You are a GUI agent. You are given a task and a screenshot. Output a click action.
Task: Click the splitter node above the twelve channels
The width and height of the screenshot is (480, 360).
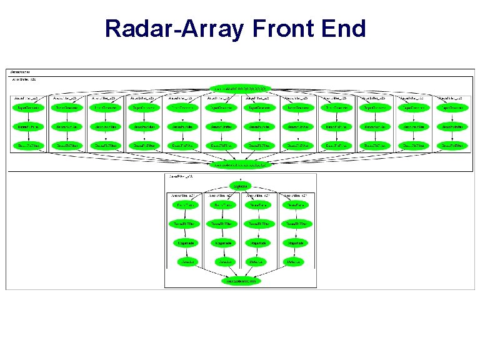tap(241, 89)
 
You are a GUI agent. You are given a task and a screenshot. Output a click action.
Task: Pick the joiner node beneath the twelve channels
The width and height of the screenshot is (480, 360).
tap(241, 164)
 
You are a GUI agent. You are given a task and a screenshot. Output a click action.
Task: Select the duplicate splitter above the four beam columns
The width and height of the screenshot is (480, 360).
tap(241, 186)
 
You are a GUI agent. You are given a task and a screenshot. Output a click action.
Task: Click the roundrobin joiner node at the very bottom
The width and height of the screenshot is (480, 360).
tap(241, 281)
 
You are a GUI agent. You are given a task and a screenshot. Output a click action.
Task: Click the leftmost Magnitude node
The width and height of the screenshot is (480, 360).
tap(186, 242)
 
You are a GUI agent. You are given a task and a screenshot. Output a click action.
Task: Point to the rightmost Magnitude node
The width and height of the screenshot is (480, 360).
tap(294, 242)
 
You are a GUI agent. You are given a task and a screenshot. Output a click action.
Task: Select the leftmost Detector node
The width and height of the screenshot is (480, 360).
tap(186, 261)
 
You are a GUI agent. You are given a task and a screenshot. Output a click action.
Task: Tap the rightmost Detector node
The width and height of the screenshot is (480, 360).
tap(294, 261)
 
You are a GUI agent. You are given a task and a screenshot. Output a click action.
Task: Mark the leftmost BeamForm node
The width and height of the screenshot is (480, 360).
tap(186, 205)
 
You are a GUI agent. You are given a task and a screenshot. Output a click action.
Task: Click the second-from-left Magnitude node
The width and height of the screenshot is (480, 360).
tap(222, 242)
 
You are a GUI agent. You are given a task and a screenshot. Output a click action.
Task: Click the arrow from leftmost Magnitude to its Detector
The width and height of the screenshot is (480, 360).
tap(186, 252)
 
